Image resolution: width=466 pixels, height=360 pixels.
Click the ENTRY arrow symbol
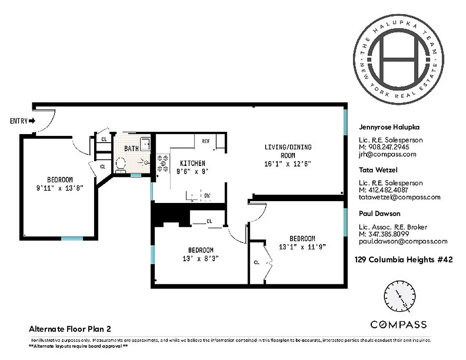pyautogui.click(x=32, y=121)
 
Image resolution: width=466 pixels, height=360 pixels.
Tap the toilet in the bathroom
pyautogui.click(x=120, y=165)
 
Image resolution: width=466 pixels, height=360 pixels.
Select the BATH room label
pyautogui.click(x=132, y=148)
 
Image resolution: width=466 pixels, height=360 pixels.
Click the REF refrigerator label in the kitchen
pyautogui.click(x=206, y=141)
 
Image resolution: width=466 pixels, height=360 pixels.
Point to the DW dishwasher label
pyautogui.click(x=207, y=196)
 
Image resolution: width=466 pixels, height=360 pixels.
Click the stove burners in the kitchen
pyautogui.click(x=163, y=164)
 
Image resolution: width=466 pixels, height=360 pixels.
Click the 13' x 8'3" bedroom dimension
pyautogui.click(x=200, y=258)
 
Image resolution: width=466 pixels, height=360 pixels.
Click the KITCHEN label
pyautogui.click(x=193, y=163)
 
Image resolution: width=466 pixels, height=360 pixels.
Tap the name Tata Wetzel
pyautogui.click(x=378, y=170)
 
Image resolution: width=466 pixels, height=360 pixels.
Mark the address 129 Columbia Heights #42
pyautogui.click(x=403, y=260)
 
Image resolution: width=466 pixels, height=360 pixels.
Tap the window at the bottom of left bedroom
pyautogui.click(x=72, y=238)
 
